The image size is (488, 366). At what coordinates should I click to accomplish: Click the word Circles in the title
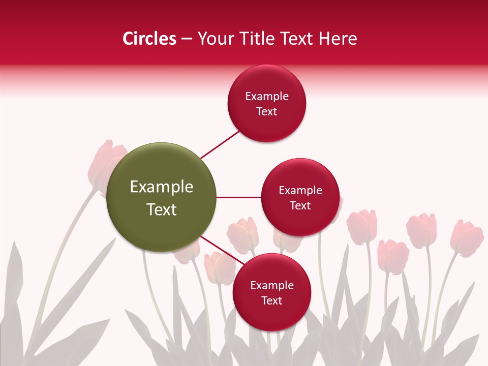point(149,39)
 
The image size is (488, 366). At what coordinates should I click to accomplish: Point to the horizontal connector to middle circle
point(238,197)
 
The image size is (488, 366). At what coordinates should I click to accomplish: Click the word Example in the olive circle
point(162,187)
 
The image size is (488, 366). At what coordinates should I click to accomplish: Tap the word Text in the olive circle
point(162,209)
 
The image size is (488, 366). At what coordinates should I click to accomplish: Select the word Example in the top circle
point(266,97)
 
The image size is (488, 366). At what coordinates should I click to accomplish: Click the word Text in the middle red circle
point(300,206)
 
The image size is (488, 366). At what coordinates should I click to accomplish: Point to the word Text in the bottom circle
point(271,301)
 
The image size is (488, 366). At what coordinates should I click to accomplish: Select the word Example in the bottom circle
point(271,286)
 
